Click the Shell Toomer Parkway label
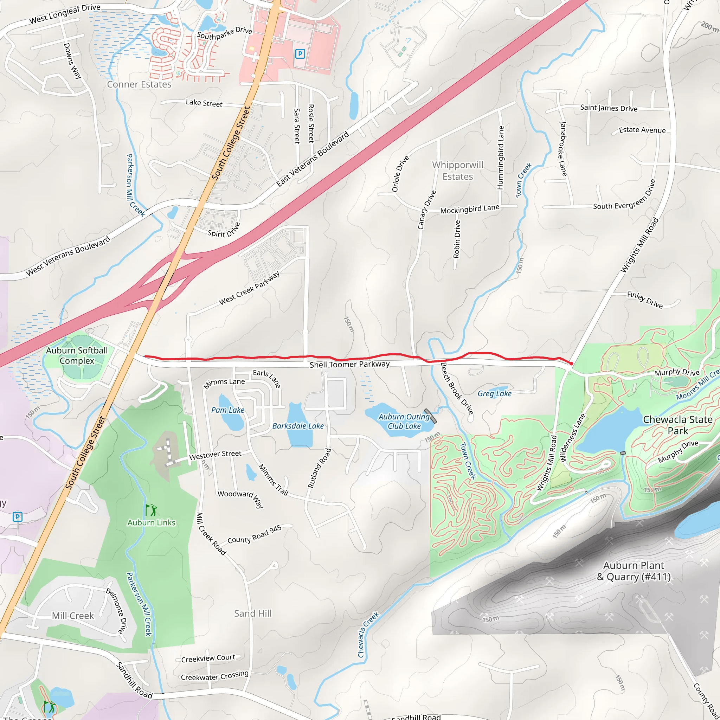coord(349,364)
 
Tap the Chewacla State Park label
coord(677,425)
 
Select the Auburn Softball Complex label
coord(77,355)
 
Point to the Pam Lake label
coord(228,410)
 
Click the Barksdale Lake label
coord(298,426)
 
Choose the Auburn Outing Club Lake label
coord(404,422)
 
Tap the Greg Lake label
coord(495,393)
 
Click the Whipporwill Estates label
coord(458,171)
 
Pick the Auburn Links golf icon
coord(151,509)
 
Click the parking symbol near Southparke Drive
coord(300,54)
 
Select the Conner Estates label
coord(139,85)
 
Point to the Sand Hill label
coord(253,613)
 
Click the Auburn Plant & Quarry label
coord(634,571)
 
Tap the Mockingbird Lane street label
coord(470,209)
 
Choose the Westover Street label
coord(215,455)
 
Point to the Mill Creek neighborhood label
coord(73,616)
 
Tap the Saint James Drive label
coord(609,108)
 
